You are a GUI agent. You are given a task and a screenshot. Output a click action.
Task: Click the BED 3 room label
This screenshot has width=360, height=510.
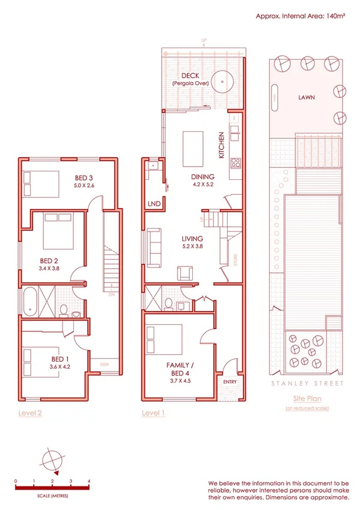point(84,177)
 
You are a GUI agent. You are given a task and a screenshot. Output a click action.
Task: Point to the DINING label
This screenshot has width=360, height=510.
point(202,177)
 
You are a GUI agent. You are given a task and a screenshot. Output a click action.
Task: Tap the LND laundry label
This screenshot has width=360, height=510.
point(154,204)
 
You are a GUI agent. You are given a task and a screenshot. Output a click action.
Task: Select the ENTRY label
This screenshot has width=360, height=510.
point(230,381)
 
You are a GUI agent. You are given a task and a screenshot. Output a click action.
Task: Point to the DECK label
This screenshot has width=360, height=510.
point(190,76)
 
